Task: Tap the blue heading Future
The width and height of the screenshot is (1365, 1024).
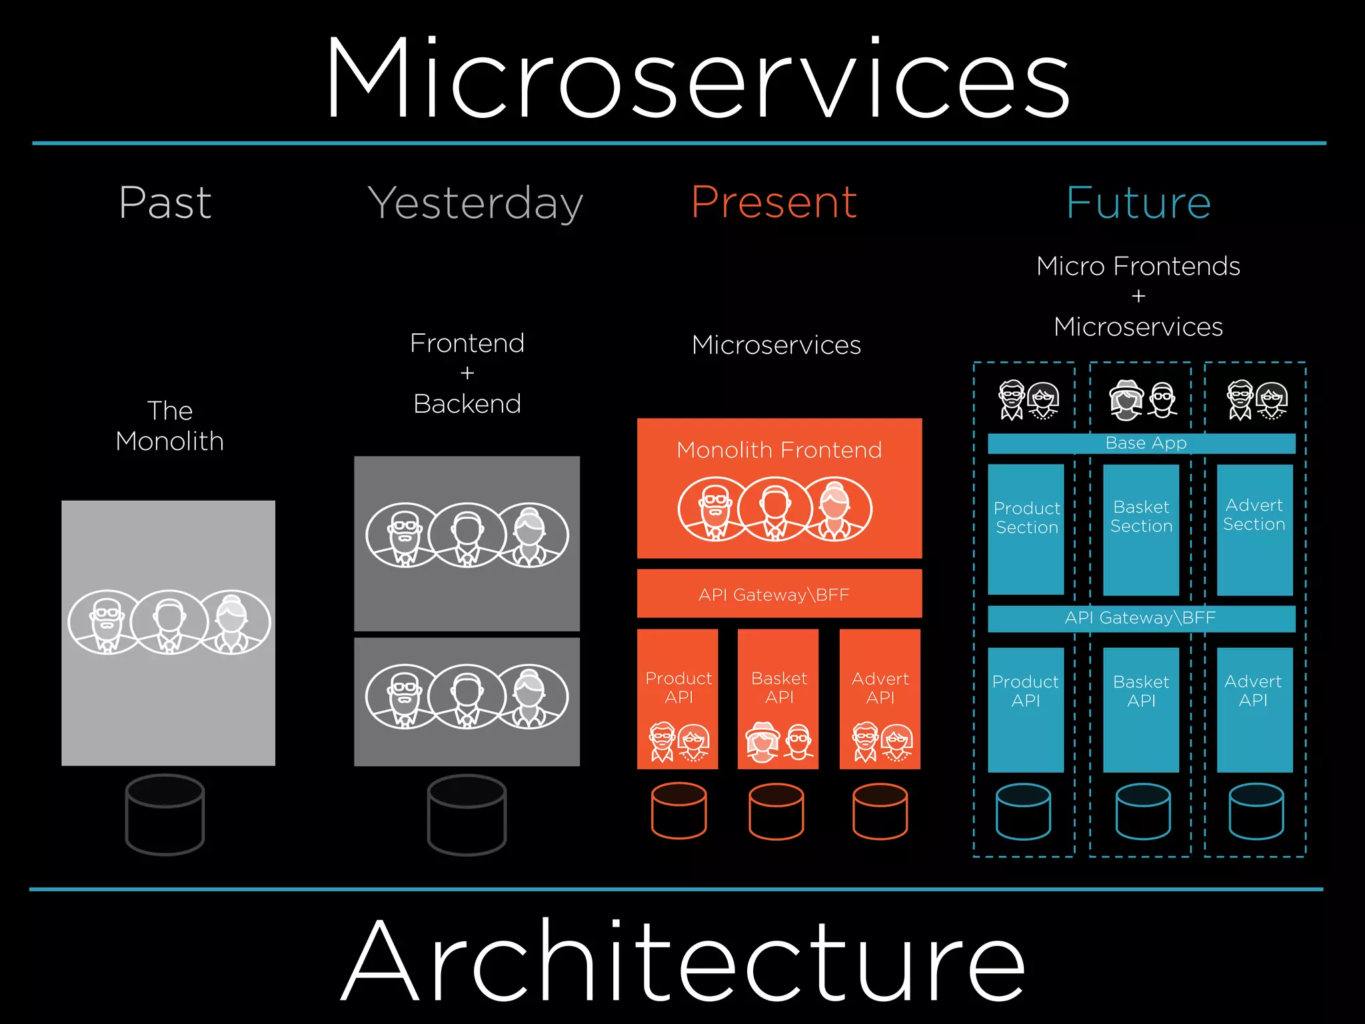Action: pyautogui.click(x=1138, y=203)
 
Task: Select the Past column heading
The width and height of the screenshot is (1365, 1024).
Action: pyautogui.click(x=165, y=203)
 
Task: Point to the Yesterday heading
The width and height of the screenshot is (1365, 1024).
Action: pyautogui.click(x=475, y=203)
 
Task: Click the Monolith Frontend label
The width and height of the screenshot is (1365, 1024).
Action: pyautogui.click(x=779, y=450)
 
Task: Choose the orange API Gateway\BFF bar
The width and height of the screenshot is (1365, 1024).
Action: pyautogui.click(x=779, y=593)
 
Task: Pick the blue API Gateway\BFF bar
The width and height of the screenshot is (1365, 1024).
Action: pyautogui.click(x=1140, y=618)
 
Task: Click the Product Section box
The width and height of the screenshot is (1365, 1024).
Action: pyautogui.click(x=1026, y=529)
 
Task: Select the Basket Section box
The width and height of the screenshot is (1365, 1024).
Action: pyautogui.click(x=1141, y=529)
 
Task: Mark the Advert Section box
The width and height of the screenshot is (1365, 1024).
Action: pyautogui.click(x=1254, y=529)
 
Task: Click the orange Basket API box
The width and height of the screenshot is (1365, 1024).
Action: pyautogui.click(x=778, y=699)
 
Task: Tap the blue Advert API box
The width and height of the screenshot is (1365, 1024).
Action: pyautogui.click(x=1254, y=709)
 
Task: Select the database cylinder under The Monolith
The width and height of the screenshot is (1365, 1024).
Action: pyautogui.click(x=165, y=814)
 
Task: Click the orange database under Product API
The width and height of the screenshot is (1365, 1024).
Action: pyautogui.click(x=679, y=811)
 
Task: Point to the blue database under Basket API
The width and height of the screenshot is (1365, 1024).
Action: pyautogui.click(x=1143, y=811)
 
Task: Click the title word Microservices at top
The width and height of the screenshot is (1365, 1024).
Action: pyautogui.click(x=697, y=79)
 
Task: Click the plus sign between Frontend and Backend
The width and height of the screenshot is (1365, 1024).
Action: pyautogui.click(x=467, y=373)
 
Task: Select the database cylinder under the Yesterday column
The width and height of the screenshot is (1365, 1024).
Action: pyautogui.click(x=467, y=814)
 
